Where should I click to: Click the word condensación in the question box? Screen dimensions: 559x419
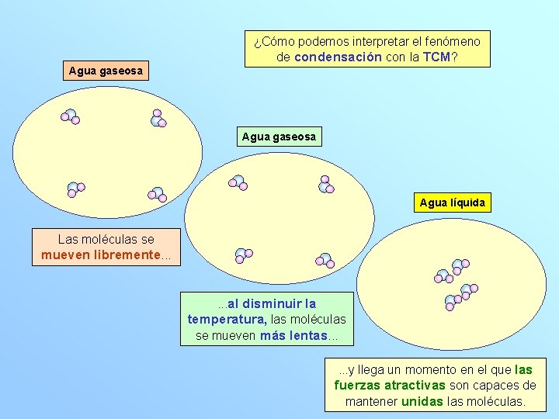point(338,57)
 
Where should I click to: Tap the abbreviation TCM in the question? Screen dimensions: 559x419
point(437,57)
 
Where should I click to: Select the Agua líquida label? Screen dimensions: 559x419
point(452,203)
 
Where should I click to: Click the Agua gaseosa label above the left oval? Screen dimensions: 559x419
point(106,71)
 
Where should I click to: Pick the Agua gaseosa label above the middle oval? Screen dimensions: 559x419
point(279,137)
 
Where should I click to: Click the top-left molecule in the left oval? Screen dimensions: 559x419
point(70,117)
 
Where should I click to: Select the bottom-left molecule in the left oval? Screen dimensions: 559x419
point(75,189)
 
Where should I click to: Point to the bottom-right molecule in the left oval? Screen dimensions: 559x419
point(157,193)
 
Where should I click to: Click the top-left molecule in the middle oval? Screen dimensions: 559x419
point(238,182)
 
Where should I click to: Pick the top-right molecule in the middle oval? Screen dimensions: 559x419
point(325,184)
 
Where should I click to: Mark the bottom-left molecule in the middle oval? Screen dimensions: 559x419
point(244,255)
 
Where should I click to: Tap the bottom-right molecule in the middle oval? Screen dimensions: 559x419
point(325,260)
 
